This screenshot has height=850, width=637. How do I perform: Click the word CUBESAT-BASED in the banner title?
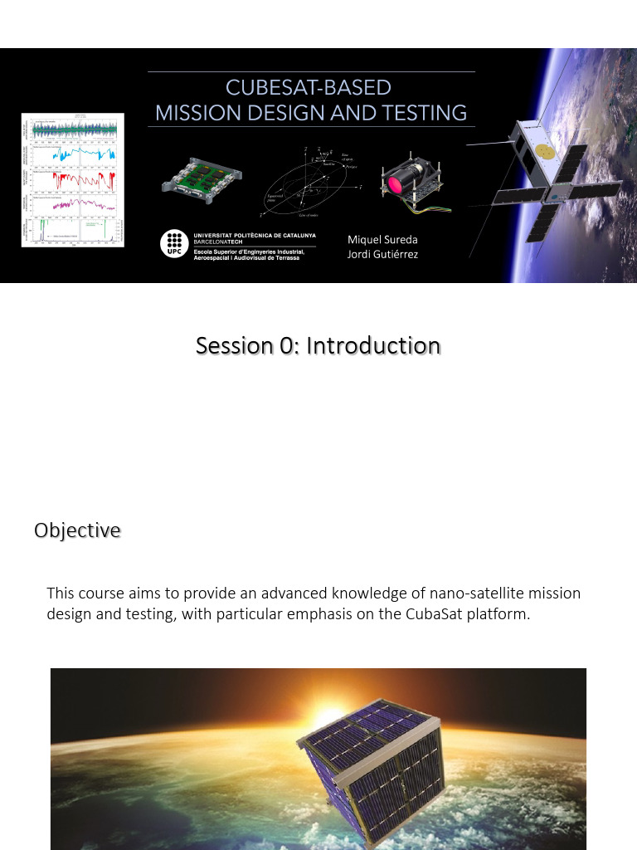coord(309,88)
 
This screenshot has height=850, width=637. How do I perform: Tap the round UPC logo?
coord(174,244)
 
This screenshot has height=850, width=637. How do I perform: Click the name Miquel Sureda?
coord(382,240)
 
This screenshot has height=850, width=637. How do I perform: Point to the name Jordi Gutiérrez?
coord(382,254)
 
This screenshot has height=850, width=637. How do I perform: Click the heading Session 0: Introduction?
coord(318,345)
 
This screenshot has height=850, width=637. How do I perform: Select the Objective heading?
coord(77,530)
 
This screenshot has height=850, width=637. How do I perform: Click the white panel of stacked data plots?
coord(73,179)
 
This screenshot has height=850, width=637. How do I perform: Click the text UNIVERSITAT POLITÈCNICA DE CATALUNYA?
coord(254,235)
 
